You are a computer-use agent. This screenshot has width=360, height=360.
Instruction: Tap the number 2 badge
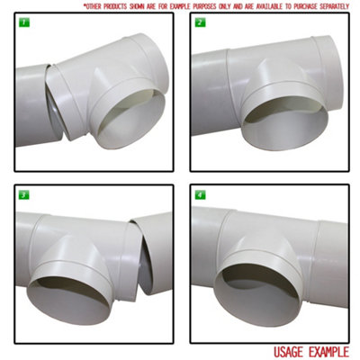click(200, 22)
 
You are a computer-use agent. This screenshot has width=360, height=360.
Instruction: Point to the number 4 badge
click(200, 193)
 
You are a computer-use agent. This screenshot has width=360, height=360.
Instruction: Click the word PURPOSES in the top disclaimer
click(192, 5)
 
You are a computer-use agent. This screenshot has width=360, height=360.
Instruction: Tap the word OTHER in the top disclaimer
click(95, 5)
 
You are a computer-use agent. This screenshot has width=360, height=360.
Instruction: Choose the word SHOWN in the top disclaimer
click(145, 5)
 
